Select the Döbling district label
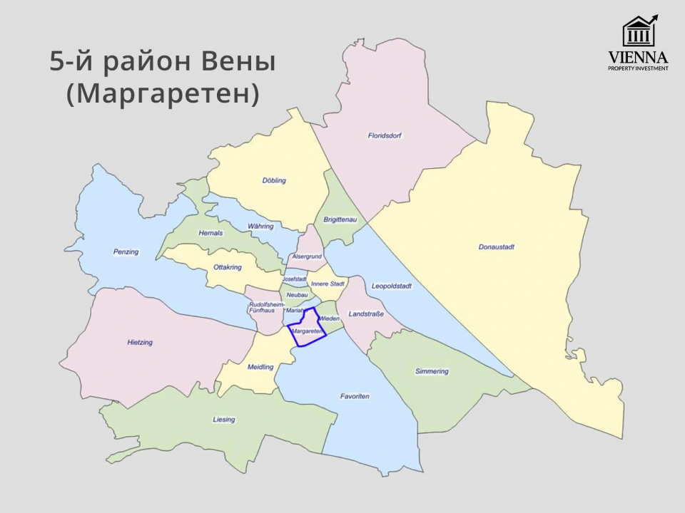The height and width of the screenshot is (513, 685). (274, 180)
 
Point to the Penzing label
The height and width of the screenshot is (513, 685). (126, 252)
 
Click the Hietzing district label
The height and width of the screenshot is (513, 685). (140, 343)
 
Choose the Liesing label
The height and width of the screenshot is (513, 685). (223, 420)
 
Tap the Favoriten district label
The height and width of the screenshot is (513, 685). (355, 396)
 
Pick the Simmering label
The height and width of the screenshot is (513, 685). (432, 371)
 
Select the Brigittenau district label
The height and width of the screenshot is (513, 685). (340, 220)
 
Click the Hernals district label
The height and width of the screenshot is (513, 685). (211, 233)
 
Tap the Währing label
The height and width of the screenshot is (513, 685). (260, 226)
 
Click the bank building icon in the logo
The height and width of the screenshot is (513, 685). (638, 33)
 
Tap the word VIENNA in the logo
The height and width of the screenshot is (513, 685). (638, 57)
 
